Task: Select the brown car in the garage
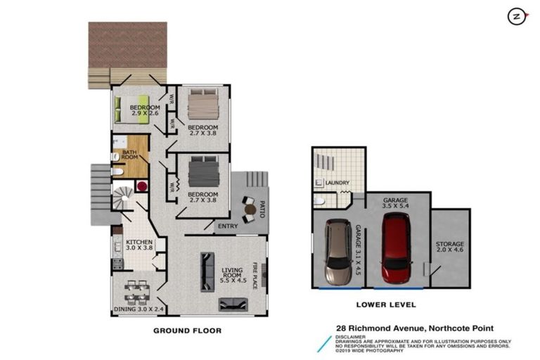point(338,253)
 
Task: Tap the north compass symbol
point(517,17)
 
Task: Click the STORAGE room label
point(450,247)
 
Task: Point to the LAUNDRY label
point(338,184)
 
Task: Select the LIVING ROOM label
point(232,273)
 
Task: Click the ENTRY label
point(227,226)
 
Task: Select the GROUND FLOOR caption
point(187,330)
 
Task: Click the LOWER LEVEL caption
point(386,305)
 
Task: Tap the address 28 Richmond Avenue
point(415,328)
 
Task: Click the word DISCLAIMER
point(351,337)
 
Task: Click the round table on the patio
point(248,209)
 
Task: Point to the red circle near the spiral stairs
point(141,187)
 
